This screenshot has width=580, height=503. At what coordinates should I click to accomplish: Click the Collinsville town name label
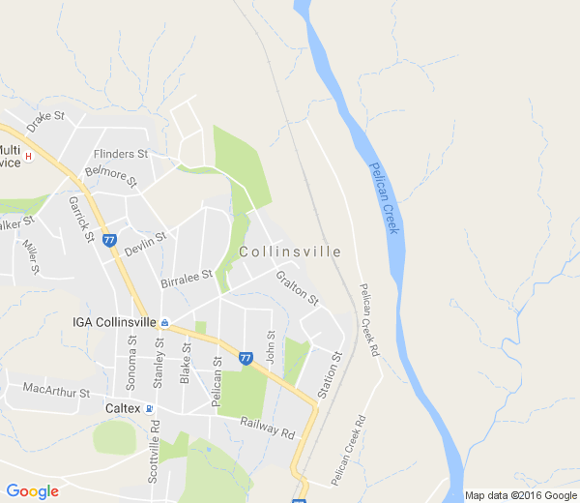point(289,251)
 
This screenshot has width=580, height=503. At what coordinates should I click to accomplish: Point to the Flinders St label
point(121,153)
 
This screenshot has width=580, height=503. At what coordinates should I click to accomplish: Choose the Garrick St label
point(79,219)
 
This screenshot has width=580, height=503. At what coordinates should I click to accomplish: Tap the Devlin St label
point(146,242)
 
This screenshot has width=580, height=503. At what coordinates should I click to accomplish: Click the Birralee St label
point(187,278)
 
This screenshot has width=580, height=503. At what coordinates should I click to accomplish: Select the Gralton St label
point(297,288)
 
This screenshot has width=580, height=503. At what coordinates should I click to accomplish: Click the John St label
point(272,348)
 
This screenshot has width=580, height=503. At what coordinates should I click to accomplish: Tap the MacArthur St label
point(56,393)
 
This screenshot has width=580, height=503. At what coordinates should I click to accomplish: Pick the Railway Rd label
point(268,427)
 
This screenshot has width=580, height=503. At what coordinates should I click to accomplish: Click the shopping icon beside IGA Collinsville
point(165,322)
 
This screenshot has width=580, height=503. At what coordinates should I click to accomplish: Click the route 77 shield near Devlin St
point(109,239)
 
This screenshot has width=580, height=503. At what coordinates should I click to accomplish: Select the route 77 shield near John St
point(246,358)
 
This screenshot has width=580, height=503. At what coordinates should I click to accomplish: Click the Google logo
point(32,491)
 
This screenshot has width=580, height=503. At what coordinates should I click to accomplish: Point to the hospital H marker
point(29,156)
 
